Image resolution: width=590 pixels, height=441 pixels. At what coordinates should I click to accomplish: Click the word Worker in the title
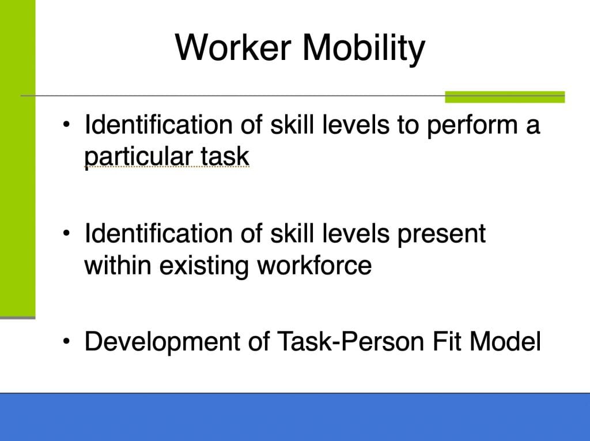[233, 47]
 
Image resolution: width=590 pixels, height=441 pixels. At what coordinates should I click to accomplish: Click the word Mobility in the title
[364, 48]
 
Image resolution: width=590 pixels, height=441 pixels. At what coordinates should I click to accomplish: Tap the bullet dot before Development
[67, 341]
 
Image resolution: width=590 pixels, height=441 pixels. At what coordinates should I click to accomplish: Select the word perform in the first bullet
[472, 126]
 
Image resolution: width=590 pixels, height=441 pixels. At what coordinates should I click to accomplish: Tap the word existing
[204, 266]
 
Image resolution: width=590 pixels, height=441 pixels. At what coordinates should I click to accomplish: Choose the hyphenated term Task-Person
[350, 341]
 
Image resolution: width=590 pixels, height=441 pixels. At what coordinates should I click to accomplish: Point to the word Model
[505, 341]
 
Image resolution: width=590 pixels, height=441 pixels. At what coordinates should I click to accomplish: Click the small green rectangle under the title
[505, 97]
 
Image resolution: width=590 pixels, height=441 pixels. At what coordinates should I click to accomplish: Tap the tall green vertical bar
[18, 159]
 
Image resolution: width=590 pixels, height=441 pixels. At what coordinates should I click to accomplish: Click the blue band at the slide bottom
[295, 417]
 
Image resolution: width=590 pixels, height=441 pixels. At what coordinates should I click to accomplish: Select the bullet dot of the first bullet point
[67, 125]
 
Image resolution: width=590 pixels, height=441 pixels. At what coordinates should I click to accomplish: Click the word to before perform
[408, 126]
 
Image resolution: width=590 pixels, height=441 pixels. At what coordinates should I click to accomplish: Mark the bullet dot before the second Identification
[67, 233]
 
